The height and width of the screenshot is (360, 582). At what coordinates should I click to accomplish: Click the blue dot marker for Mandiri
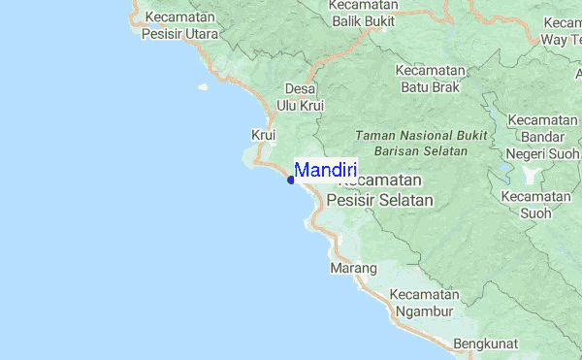290,180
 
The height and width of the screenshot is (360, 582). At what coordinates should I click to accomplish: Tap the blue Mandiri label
325,170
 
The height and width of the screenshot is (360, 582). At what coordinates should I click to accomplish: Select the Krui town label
264,134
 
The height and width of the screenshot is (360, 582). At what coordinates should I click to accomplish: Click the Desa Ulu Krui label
300,96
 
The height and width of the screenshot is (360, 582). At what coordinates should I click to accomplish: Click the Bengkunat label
485,344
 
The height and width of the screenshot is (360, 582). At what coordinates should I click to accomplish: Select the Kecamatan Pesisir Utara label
179,25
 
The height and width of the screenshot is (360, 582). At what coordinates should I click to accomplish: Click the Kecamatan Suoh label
535,204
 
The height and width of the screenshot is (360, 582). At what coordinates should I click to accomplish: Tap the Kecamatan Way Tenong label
561,32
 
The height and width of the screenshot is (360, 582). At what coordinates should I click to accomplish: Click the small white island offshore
203,86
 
